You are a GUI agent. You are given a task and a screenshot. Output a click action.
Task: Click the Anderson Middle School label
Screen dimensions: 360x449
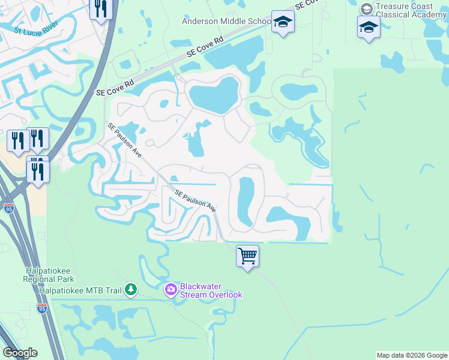(x=227, y=22)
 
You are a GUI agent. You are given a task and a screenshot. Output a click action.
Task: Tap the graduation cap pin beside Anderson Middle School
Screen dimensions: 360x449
(x=283, y=23)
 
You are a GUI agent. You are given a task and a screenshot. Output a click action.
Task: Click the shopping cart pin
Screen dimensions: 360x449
(x=247, y=257)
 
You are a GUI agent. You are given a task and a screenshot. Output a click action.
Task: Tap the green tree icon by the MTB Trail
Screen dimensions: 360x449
(x=130, y=290)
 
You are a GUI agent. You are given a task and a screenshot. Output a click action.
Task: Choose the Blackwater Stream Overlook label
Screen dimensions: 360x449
(x=211, y=290)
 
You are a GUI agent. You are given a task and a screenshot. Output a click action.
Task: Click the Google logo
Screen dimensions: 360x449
(x=20, y=353)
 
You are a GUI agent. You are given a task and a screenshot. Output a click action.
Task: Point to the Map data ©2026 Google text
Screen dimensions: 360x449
(x=412, y=355)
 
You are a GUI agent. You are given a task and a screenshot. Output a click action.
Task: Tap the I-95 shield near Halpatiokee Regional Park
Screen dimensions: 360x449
(x=41, y=308)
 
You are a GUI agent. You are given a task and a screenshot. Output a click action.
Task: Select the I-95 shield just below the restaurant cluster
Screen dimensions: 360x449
(x=9, y=208)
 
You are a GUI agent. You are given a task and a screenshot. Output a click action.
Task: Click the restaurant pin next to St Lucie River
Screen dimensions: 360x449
(x=101, y=8)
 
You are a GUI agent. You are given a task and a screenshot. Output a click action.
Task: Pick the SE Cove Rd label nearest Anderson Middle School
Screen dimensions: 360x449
(x=205, y=46)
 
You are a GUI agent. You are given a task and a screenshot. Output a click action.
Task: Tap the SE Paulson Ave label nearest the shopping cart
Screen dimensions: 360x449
(x=196, y=200)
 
